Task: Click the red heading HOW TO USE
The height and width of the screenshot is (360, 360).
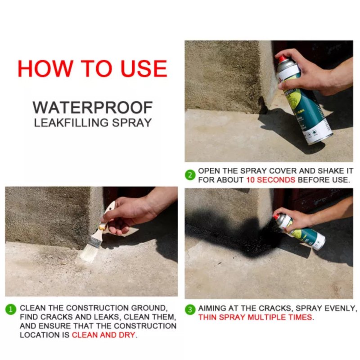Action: click(92, 68)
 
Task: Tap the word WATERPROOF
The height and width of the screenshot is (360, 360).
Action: click(93, 108)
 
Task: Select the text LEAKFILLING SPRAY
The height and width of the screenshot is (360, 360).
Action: click(93, 122)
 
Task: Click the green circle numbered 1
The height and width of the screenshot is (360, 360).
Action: click(10, 309)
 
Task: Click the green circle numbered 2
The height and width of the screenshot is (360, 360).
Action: click(190, 175)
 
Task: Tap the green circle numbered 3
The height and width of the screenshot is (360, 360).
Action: click(190, 310)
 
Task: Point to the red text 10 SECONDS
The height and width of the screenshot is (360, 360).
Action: click(271, 180)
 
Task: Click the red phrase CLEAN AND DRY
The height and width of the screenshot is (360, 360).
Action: click(103, 335)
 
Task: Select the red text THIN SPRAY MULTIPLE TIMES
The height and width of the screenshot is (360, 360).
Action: click(255, 317)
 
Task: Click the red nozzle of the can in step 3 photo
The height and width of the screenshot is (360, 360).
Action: click(276, 217)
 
